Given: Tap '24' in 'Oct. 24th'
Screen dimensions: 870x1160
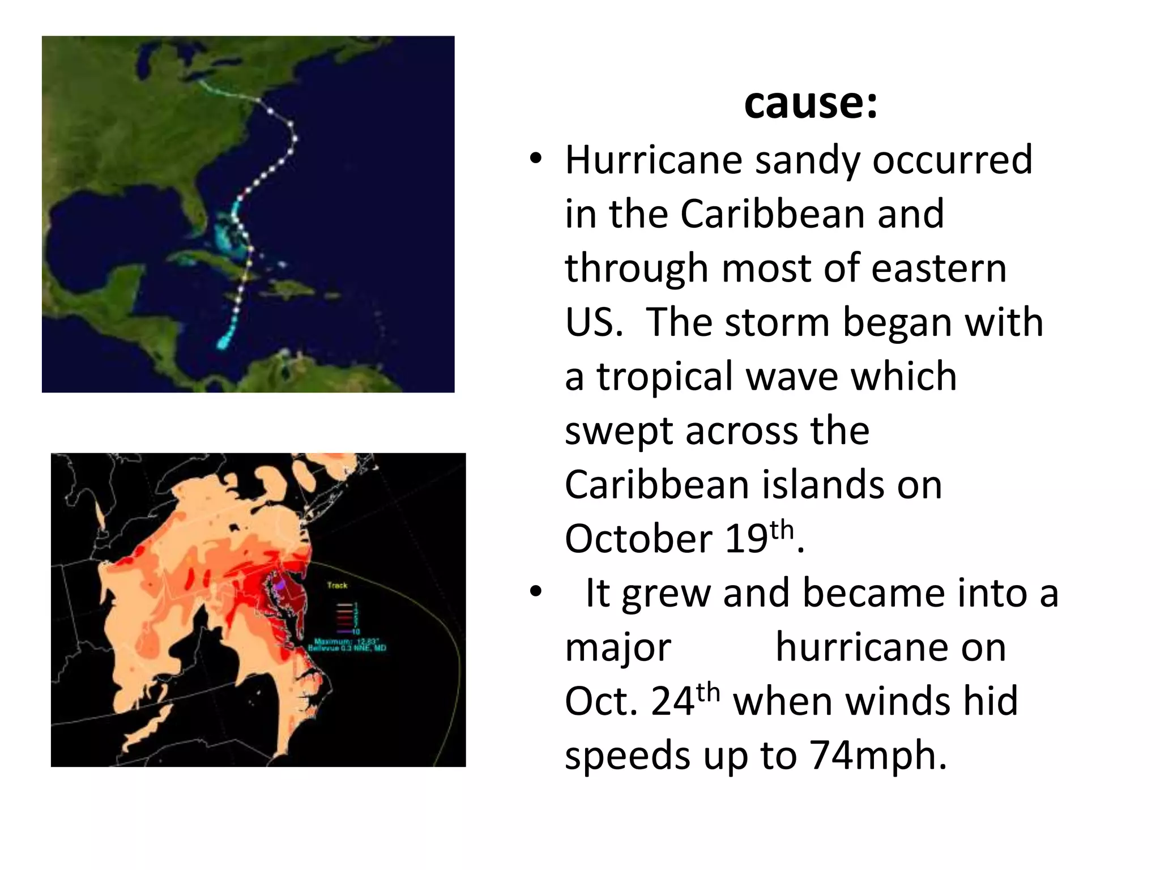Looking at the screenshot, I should [672, 702].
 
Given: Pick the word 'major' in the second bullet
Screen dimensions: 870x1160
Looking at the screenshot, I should [618, 647].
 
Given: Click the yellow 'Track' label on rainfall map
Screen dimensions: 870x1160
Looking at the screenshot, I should [337, 585].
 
